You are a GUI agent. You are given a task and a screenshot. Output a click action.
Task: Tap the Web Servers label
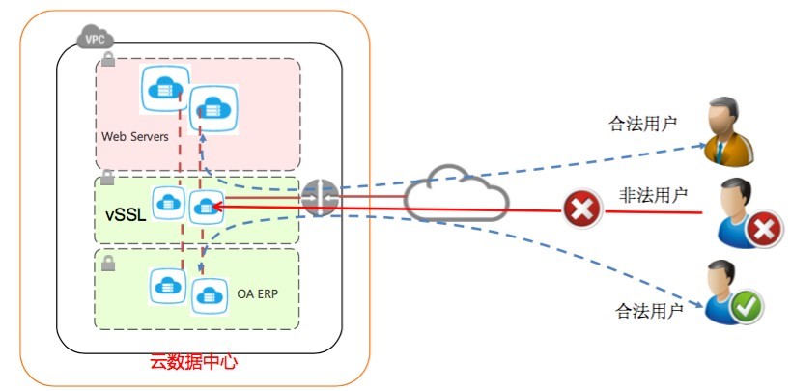pyautogui.click(x=135, y=136)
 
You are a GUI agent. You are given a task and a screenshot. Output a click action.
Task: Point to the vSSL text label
pyautogui.click(x=126, y=214)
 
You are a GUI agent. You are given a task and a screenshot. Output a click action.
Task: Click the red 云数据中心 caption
pyautogui.click(x=193, y=363)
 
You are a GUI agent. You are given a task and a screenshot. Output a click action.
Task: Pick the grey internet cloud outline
pyautogui.click(x=455, y=196)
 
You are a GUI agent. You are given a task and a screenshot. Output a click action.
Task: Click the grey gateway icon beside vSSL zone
pyautogui.click(x=318, y=197)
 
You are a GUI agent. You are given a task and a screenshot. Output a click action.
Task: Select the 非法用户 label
pyautogui.click(x=653, y=195)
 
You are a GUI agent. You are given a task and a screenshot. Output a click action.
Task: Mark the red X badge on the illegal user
pyautogui.click(x=763, y=229)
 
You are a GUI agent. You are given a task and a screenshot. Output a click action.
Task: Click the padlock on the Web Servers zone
pyautogui.click(x=108, y=60)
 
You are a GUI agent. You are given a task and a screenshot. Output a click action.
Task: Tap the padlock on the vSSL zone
pyautogui.click(x=108, y=177)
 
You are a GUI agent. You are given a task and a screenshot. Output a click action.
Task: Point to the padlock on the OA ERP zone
pyautogui.click(x=108, y=261)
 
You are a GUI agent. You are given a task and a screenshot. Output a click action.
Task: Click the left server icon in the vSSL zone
pyautogui.click(x=168, y=203)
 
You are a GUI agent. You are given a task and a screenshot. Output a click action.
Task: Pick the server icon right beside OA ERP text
pyautogui.click(x=208, y=294)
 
